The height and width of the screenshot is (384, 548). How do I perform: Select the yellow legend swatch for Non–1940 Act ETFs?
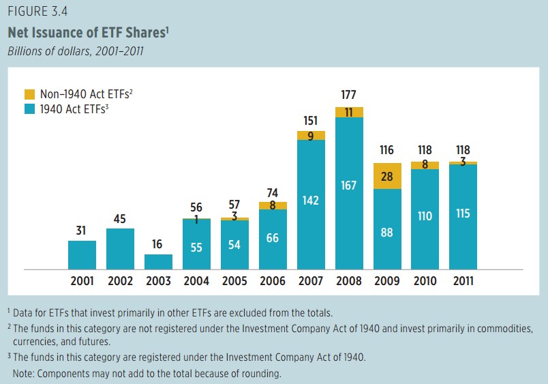(x=29, y=94)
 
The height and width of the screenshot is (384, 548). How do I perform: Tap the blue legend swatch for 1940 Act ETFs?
(x=29, y=108)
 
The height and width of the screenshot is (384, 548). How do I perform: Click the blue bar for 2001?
(x=82, y=254)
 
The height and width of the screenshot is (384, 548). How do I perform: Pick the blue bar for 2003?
(x=158, y=262)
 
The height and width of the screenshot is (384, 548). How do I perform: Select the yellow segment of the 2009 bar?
(x=387, y=177)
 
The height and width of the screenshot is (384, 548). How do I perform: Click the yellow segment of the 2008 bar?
(x=349, y=113)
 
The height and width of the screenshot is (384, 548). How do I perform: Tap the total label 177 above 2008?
(x=349, y=95)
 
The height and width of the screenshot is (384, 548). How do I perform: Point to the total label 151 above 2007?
(x=311, y=120)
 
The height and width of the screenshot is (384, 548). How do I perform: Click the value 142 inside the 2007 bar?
(x=311, y=201)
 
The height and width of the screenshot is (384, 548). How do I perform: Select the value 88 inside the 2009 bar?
(x=387, y=232)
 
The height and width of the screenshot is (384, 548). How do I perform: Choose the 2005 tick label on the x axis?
(x=234, y=281)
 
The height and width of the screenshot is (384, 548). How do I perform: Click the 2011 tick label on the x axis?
(x=463, y=281)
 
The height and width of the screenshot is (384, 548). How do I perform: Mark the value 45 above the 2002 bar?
(x=120, y=219)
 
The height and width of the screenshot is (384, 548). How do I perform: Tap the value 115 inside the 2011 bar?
(x=463, y=213)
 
